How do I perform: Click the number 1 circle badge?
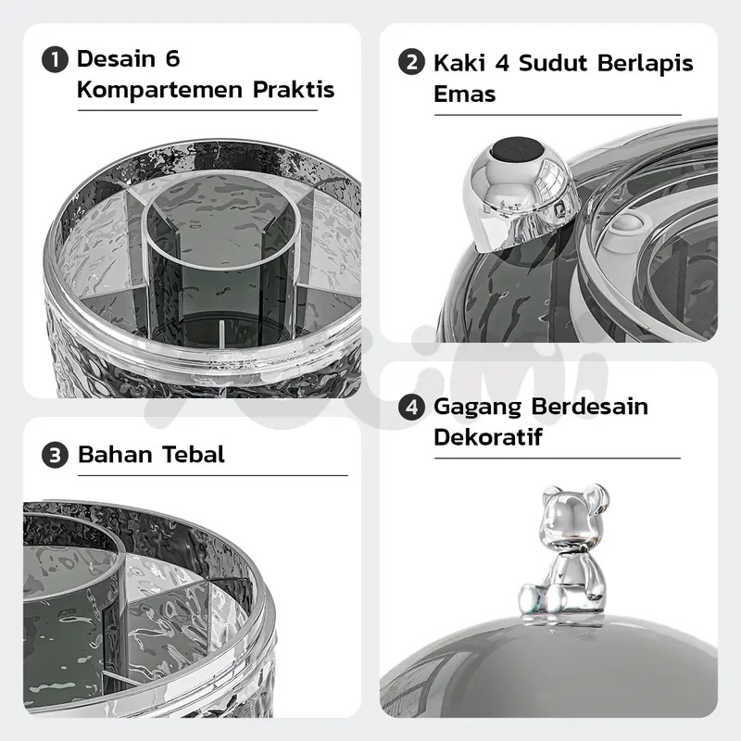pyautogui.click(x=55, y=59)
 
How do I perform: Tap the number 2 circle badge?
pyautogui.click(x=411, y=62)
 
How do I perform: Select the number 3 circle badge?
pyautogui.click(x=55, y=455)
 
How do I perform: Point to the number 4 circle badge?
pyautogui.click(x=411, y=407)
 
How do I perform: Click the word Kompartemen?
pyautogui.click(x=160, y=90)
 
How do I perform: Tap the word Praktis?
pyautogui.click(x=294, y=89)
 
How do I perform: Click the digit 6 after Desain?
pyautogui.click(x=173, y=59)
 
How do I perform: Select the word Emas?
pyautogui.click(x=465, y=94)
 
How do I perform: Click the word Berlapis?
pyautogui.click(x=645, y=63)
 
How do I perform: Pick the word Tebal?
pyautogui.click(x=194, y=454)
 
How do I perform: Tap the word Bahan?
pyautogui.click(x=115, y=454)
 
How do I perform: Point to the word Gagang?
pyautogui.click(x=477, y=408)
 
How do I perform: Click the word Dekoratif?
pyautogui.click(x=488, y=436)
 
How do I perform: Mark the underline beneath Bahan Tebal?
pyautogui.click(x=213, y=475)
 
